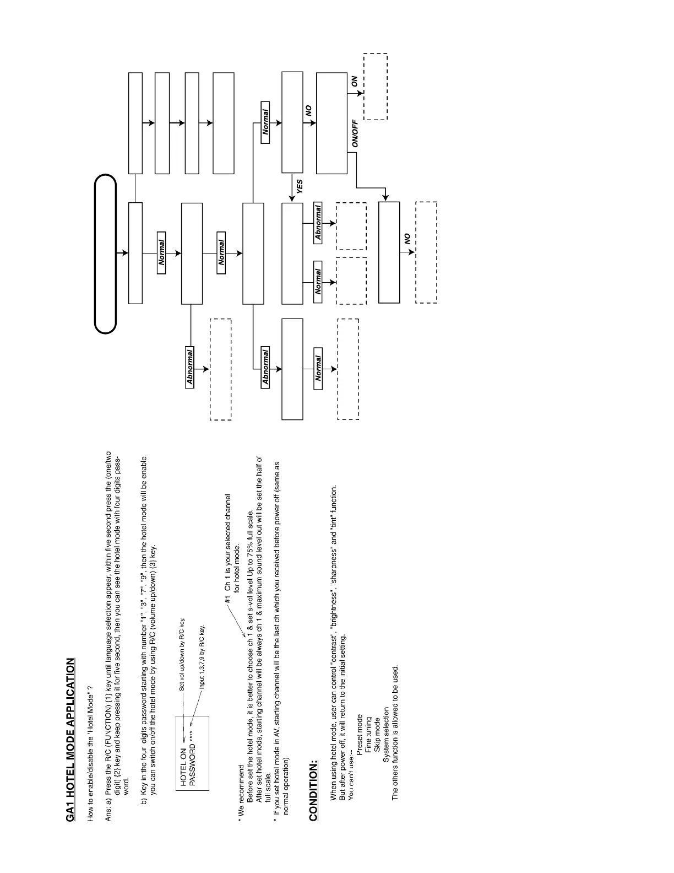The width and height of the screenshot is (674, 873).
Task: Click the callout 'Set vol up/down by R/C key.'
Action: coord(182,654)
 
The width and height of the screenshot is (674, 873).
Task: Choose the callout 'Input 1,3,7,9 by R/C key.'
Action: coord(202,656)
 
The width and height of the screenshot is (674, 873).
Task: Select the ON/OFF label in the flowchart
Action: coord(355,134)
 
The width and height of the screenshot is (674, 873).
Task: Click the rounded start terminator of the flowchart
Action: coord(105,254)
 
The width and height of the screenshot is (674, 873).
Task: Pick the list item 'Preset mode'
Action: coord(360,734)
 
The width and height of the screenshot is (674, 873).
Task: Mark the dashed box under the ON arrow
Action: coord(376,87)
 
